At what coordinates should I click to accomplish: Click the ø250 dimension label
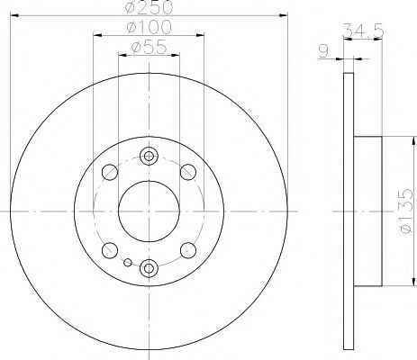tap(150, 7)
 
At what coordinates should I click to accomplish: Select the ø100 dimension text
tap(150, 27)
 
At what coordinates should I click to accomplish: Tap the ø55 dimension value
tap(149, 48)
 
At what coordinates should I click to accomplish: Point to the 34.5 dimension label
tap(363, 31)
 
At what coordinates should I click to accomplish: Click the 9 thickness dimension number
tap(323, 51)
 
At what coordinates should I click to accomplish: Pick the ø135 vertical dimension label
tap(407, 211)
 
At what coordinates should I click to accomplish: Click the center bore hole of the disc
tap(149, 211)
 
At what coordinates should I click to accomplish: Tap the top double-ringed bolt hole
tap(149, 156)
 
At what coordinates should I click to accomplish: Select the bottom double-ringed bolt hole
tap(149, 268)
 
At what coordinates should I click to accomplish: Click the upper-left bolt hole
tap(110, 172)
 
